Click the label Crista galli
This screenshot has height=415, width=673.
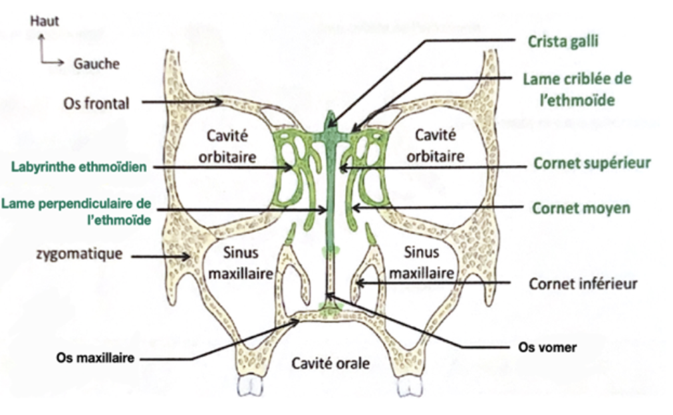[x=563, y=41]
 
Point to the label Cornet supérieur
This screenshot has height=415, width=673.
[x=582, y=163]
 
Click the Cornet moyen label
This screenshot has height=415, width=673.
[x=581, y=208]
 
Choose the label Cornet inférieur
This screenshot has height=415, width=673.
[x=583, y=284]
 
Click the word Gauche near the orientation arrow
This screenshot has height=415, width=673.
[x=96, y=64]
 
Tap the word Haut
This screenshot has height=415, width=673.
[x=45, y=21]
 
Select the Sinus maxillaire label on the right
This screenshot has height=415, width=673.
[x=422, y=262]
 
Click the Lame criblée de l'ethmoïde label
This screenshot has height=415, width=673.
[x=577, y=90]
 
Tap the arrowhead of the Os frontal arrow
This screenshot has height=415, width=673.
[x=222, y=102]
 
